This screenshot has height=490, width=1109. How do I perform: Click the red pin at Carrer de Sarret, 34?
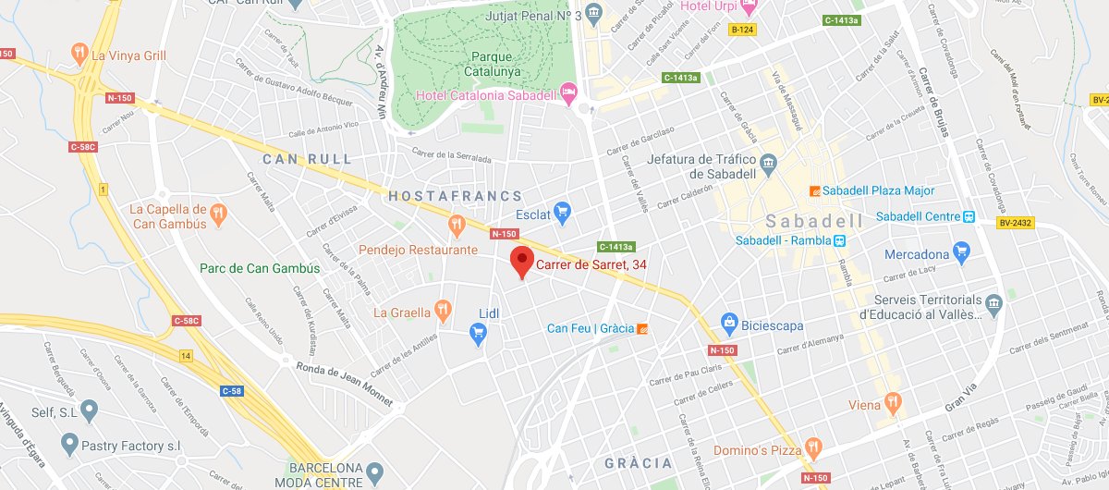point(522,261)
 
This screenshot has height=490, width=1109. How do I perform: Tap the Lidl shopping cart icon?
point(478,333)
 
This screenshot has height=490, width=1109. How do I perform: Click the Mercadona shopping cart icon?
point(961,251)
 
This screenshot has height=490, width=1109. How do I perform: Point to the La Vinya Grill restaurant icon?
point(81,54)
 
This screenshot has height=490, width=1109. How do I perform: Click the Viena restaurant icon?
point(892,403)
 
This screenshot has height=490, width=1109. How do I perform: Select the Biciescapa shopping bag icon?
point(729,323)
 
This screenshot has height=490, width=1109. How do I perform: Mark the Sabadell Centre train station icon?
point(969,217)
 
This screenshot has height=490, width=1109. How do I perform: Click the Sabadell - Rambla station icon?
point(839,241)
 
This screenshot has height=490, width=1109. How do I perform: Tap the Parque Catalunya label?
point(491,63)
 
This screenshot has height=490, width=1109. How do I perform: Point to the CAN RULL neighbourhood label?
point(307,159)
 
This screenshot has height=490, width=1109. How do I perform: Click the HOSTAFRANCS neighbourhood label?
point(455,196)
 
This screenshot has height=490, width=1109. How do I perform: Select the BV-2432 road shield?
point(1015,223)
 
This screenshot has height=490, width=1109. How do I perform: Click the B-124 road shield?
point(741,31)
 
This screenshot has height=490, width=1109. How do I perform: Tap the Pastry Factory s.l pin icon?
point(70,446)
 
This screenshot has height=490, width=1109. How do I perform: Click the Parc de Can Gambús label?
point(260,269)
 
